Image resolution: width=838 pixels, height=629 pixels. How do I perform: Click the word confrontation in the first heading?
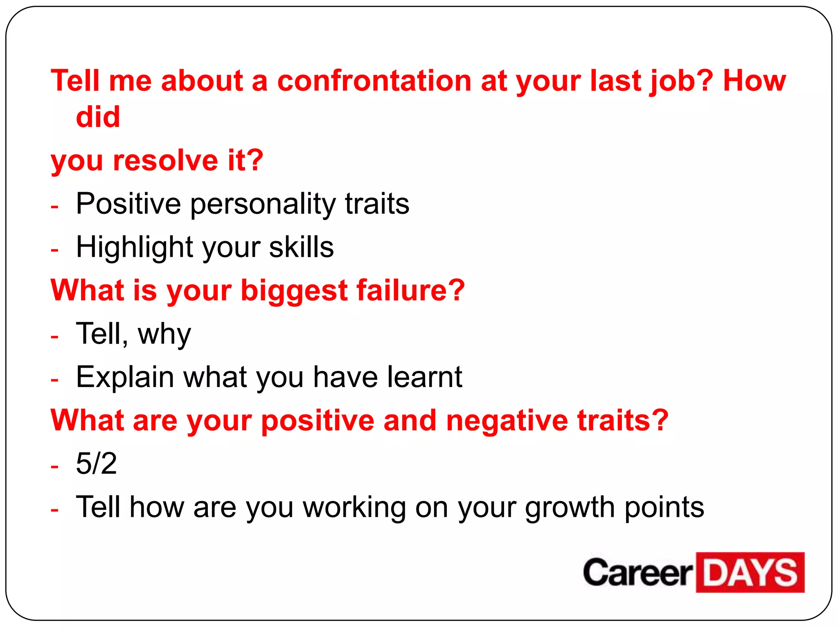pos(374,81)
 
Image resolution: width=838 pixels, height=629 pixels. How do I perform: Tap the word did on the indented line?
pos(98,117)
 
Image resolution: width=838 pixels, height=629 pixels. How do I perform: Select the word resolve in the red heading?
pos(165,160)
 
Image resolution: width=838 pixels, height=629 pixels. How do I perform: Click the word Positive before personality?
pos(128,204)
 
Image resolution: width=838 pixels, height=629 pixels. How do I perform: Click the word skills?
pos(301,247)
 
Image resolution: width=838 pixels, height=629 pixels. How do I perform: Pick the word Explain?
pos(125,378)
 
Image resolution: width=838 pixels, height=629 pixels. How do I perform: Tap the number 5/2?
pos(96,464)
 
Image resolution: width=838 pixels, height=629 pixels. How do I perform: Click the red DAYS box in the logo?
pos(750,572)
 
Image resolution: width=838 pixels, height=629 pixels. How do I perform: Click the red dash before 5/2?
pos(55,466)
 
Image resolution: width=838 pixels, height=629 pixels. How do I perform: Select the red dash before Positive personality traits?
pos(55,206)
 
